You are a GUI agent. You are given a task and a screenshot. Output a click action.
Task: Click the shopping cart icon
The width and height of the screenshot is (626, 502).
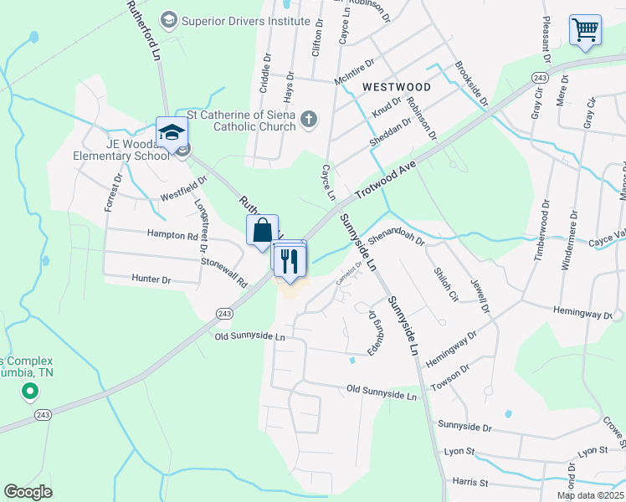pyautogui.click(x=585, y=30)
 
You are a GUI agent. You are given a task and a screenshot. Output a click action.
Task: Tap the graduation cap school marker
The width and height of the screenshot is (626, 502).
pyautogui.click(x=172, y=134)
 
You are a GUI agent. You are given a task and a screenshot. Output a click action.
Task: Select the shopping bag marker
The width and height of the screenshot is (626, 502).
pyautogui.click(x=262, y=229)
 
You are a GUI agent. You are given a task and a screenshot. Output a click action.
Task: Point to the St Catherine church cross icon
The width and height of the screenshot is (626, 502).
pyautogui.click(x=309, y=119)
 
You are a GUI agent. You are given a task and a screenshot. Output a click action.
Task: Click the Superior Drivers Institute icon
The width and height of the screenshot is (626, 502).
pyautogui.click(x=169, y=18)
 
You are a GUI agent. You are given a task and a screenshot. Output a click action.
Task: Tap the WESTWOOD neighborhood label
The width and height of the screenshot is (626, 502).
pyautogui.click(x=397, y=87)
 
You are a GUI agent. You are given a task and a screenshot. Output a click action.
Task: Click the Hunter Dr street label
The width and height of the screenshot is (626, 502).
pyautogui.click(x=151, y=279)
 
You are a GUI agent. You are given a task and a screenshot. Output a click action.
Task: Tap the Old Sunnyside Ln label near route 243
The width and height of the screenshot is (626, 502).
pyautogui.click(x=249, y=336)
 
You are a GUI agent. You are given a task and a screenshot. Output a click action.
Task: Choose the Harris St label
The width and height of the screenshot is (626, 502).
pyautogui.click(x=469, y=483)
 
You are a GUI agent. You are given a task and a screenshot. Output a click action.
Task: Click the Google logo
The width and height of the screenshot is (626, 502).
pyautogui.click(x=28, y=492)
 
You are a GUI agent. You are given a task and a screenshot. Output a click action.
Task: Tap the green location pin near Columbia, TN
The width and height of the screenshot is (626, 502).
pyautogui.click(x=30, y=391)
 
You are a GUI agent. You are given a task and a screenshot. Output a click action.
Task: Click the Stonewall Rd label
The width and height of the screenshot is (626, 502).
pyautogui.click(x=223, y=273)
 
